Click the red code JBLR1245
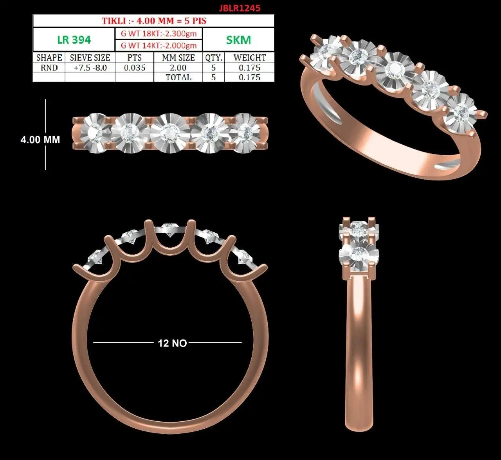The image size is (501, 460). pos(240,8)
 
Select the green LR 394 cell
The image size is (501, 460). pos(74,40)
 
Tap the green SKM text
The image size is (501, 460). pos(238,40)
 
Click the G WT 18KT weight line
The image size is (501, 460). pos(159,34)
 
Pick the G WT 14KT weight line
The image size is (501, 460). pos(159,45)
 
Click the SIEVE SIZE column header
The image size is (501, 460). pos(90,58)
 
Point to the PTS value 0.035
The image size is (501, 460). pos(134,68)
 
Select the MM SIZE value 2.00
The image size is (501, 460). pos(178,68)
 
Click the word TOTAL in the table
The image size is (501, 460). pos(178,77)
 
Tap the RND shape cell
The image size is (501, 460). pos(49,68)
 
